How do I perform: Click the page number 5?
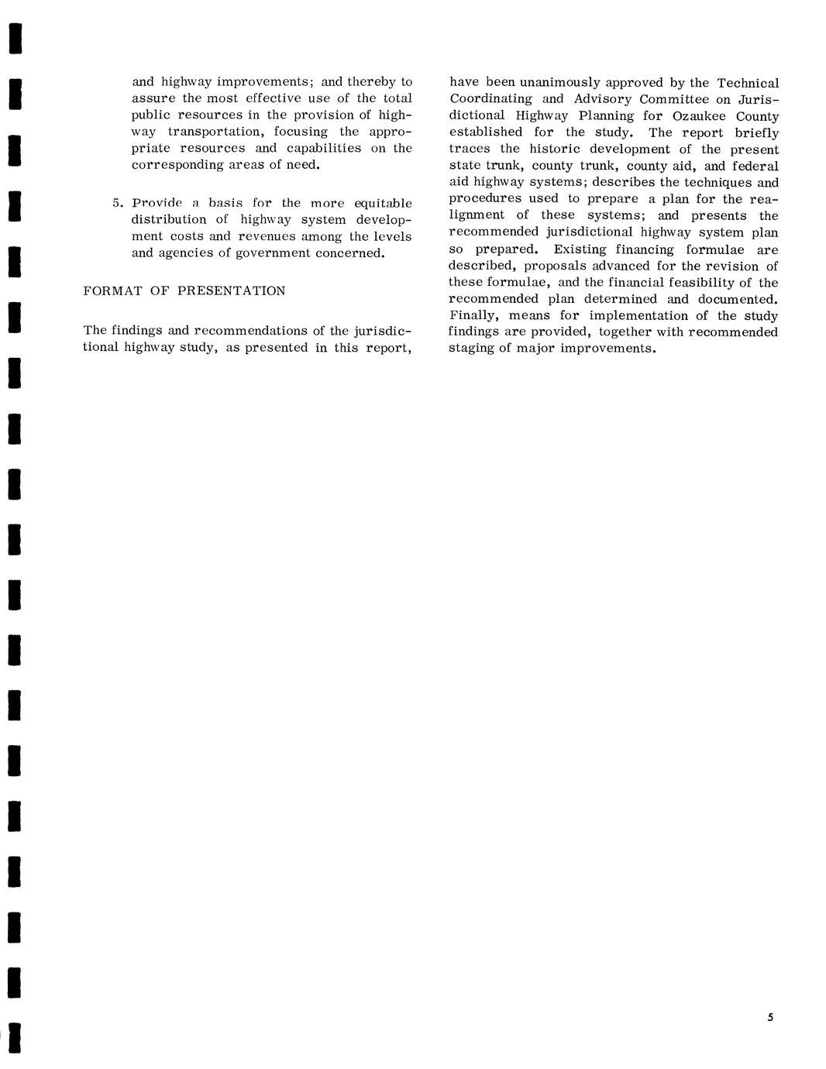[770, 1017]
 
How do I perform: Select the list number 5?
[116, 203]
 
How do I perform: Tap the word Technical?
[748, 83]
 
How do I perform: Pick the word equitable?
[383, 203]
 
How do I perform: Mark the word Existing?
[580, 249]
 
